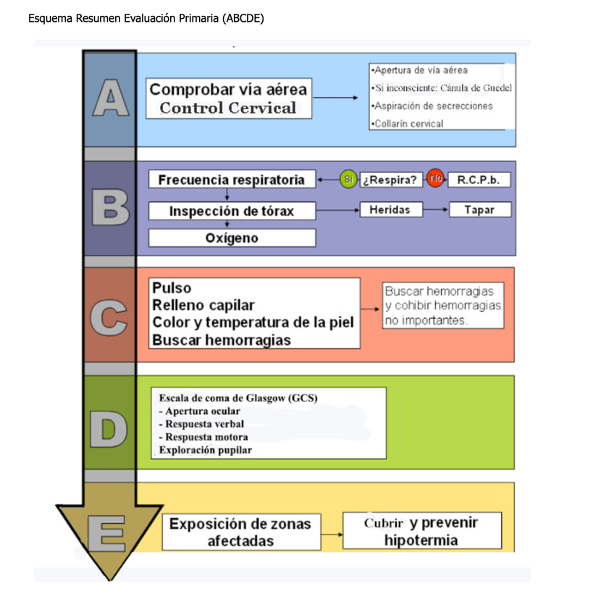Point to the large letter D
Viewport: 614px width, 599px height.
pos(110,427)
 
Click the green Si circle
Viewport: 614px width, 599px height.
pos(348,179)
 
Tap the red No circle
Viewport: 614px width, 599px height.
pos(435,178)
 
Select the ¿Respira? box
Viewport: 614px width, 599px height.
pos(391,180)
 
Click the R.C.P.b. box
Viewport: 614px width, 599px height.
pos(479,180)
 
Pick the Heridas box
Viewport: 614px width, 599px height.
pos(390,209)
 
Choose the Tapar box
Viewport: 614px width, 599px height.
pos(479,209)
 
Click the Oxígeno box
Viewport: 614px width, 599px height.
pos(232,238)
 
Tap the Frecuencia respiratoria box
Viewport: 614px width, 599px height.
pos(232,179)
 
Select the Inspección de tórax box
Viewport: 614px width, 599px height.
pos(232,211)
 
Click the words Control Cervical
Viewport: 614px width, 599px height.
pos(228,109)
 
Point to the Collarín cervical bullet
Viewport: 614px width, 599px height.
pos(407,123)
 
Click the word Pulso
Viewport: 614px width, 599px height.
pos(172,288)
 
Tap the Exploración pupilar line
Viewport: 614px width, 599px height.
pos(206,450)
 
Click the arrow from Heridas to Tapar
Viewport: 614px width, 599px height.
pos(434,209)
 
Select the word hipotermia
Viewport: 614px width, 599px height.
pos(421,540)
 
